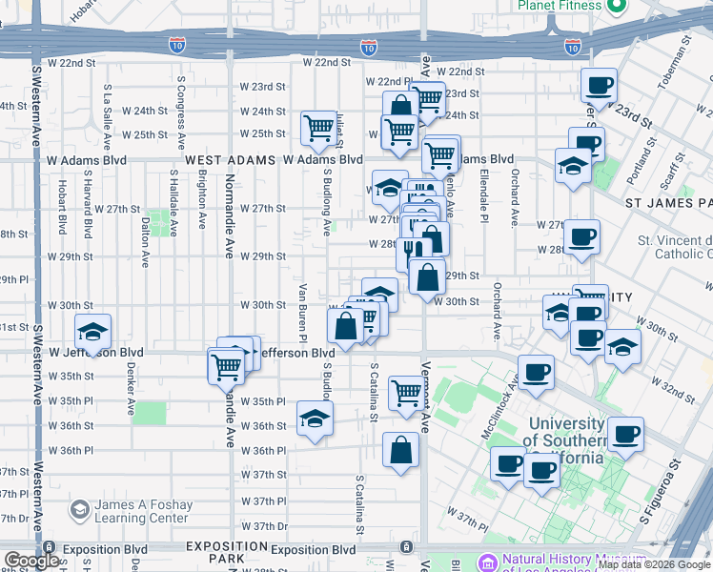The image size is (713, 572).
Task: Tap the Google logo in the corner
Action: (x=31, y=561)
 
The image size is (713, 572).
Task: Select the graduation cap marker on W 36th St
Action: (x=315, y=419)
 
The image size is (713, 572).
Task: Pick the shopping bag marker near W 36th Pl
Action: (x=400, y=450)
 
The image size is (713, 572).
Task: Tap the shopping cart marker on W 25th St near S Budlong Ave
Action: (x=319, y=129)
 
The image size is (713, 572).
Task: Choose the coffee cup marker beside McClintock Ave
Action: (x=536, y=372)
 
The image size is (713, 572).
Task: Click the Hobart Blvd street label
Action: (x=62, y=208)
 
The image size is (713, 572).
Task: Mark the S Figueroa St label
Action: (x=659, y=491)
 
